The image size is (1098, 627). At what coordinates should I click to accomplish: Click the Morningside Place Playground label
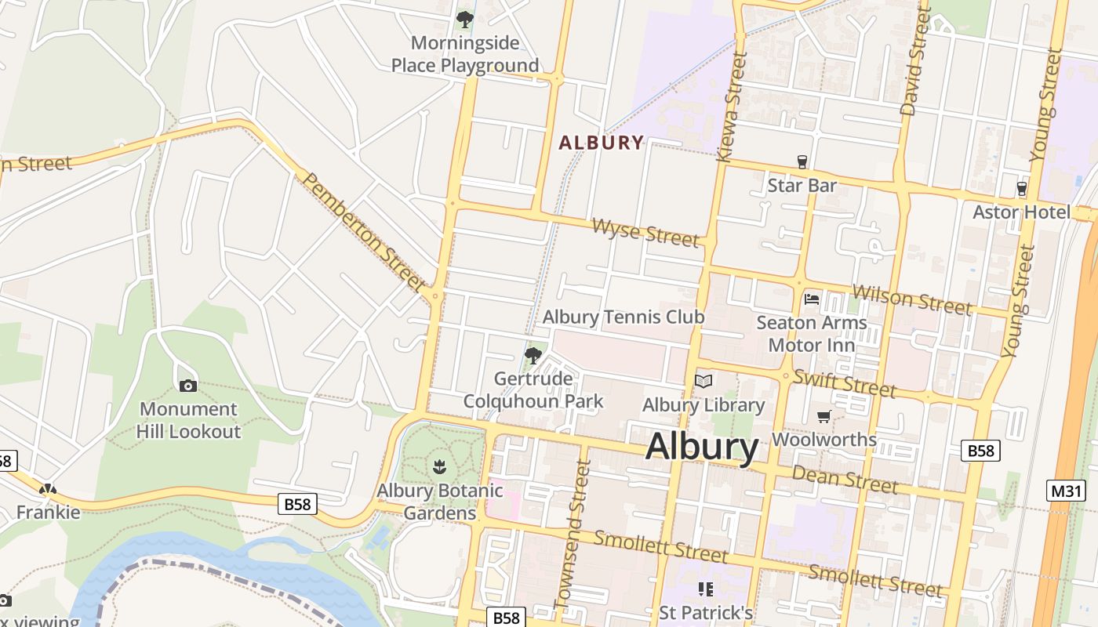[x=465, y=53]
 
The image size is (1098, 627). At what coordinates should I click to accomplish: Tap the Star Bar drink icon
[x=802, y=162]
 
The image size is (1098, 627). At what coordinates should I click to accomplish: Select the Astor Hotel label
[x=1021, y=212]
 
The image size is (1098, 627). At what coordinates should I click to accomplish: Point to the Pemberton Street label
[x=363, y=231]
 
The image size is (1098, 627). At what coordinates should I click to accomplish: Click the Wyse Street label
[x=645, y=233]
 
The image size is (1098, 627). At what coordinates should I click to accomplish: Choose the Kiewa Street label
[x=730, y=107]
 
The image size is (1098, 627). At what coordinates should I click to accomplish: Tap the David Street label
[x=916, y=63]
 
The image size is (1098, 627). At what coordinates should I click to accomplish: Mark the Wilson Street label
[x=912, y=299]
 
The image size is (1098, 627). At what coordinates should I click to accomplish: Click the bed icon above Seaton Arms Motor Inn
[x=812, y=299]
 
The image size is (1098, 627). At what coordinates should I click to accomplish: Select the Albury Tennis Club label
[x=624, y=317]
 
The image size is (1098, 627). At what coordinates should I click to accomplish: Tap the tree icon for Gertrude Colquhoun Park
[x=533, y=356]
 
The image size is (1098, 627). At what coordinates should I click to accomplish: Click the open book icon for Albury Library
[x=704, y=382]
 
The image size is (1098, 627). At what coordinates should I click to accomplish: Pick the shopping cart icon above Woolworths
[x=823, y=416]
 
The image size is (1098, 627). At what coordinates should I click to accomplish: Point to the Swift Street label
[x=844, y=383]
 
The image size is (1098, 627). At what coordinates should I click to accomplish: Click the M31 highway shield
[x=1066, y=491]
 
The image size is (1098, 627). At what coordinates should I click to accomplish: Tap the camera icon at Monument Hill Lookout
[x=188, y=386]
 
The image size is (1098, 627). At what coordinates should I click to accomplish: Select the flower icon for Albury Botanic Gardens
[x=439, y=467]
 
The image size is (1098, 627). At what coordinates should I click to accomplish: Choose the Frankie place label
[x=49, y=513]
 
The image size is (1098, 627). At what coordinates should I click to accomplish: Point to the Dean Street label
[x=845, y=478]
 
